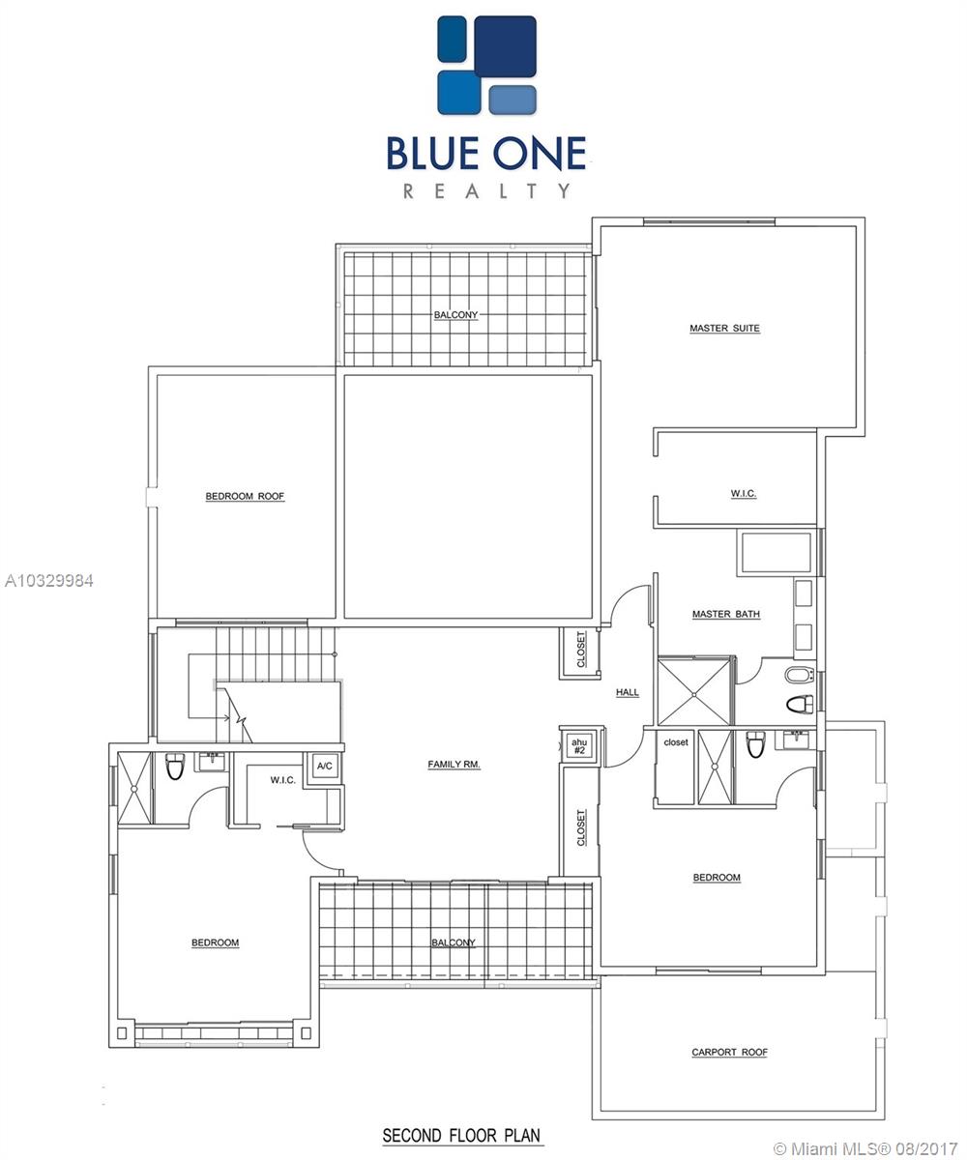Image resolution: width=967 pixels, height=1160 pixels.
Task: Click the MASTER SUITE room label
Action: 724,329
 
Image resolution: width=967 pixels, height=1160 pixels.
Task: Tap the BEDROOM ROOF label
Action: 245,496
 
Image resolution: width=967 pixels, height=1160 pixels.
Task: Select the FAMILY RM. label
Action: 454,765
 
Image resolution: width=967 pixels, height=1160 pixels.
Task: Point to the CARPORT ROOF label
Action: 729,1053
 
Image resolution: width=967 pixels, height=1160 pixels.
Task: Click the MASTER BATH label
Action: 726,614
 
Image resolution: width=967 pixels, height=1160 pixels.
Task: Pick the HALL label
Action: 627,692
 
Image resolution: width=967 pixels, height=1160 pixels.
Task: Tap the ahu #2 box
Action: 579,746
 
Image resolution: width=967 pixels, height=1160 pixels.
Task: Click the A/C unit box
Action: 325,767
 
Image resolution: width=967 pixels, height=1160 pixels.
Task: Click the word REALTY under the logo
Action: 486,191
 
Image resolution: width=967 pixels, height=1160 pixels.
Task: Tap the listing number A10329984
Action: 49,581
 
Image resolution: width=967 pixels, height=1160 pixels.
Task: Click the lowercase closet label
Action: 676,742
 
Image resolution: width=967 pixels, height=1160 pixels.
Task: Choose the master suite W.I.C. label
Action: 743,493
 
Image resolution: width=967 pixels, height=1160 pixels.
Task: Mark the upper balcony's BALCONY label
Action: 455,315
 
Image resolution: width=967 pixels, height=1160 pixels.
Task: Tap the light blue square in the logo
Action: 513,100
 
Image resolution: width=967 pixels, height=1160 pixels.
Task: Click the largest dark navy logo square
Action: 505,46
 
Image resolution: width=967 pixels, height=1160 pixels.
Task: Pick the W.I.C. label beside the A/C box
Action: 283,780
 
